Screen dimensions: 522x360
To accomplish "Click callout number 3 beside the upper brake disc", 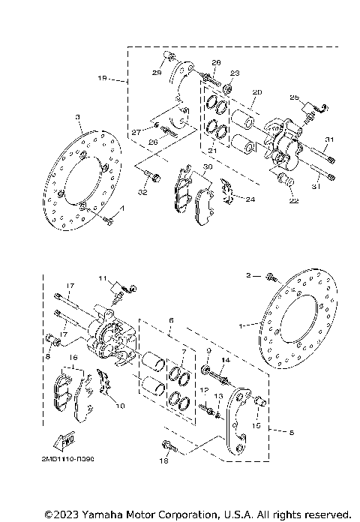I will (x=77, y=117).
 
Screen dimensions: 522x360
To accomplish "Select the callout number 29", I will (x=158, y=72).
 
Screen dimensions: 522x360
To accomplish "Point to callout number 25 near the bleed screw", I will (x=294, y=97).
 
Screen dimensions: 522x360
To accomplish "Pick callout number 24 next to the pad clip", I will (x=250, y=199).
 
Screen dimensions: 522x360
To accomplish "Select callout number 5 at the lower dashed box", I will (x=280, y=431).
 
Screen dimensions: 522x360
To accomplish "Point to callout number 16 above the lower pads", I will (x=73, y=358).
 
